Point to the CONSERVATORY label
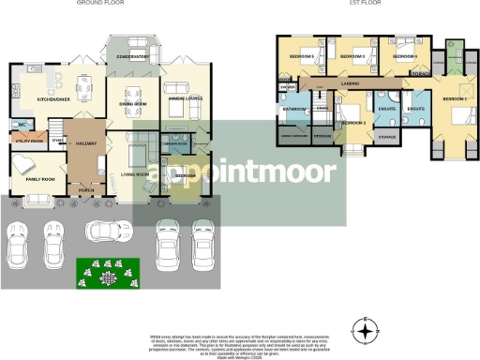(133, 57)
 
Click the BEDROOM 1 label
(455, 98)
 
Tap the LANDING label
(352, 85)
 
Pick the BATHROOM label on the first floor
(294, 109)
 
